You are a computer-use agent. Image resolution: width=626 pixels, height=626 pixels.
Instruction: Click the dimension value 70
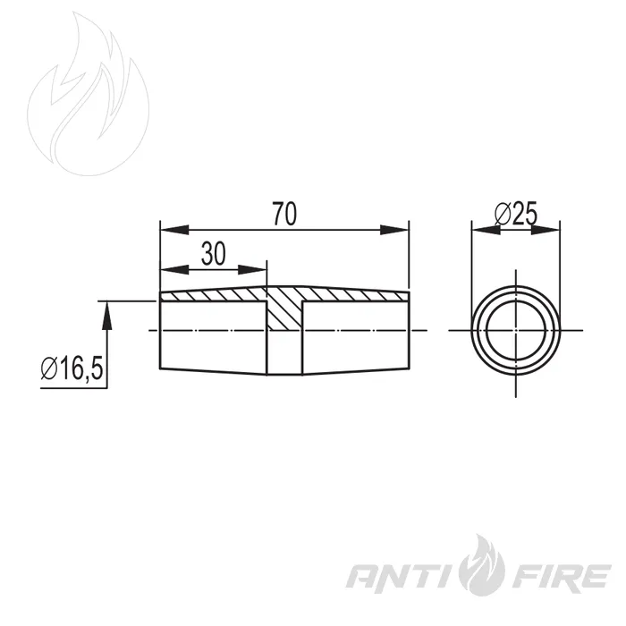point(284,214)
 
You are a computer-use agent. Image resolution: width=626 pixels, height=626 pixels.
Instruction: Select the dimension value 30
point(213,254)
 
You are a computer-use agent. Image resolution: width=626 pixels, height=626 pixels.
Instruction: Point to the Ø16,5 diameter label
point(72,368)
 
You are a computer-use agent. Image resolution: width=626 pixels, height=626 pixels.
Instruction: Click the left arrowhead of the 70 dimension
point(174,230)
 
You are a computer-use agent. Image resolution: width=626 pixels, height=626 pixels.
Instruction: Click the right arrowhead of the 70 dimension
point(394,230)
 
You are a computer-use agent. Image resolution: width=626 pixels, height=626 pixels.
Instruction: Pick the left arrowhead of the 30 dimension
point(174,270)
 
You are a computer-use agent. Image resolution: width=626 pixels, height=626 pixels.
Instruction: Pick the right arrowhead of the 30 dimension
point(252,270)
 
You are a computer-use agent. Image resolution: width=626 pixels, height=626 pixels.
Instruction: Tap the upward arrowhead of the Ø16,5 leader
point(106,316)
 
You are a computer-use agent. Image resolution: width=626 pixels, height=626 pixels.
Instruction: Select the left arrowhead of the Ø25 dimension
point(486,230)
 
